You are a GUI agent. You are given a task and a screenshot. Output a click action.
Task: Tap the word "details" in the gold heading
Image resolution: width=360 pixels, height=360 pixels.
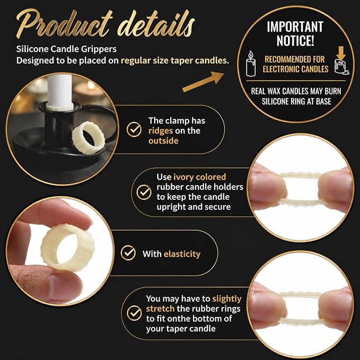click(x=156, y=24)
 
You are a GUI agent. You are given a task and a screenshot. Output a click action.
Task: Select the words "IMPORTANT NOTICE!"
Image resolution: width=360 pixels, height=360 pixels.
click(x=295, y=33)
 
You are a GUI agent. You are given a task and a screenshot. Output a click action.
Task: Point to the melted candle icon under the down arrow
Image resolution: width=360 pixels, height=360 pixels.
click(x=341, y=67)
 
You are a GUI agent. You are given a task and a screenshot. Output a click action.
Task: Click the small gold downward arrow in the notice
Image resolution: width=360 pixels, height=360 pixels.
click(x=341, y=52)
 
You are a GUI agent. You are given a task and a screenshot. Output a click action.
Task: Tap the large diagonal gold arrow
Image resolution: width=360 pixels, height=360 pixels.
click(x=203, y=82)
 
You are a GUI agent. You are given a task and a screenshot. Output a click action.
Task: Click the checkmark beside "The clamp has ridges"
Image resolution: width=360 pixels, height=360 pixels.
click(x=134, y=129)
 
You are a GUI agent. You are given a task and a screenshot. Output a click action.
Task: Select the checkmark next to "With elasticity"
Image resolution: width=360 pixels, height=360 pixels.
click(x=128, y=253)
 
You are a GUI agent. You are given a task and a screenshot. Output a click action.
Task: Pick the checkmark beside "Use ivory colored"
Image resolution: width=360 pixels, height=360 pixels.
click(x=144, y=192)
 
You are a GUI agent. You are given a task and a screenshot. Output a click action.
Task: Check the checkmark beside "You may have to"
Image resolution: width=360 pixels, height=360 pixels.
click(x=134, y=313)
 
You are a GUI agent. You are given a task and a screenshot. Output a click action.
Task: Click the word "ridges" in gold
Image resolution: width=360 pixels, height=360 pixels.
click(x=161, y=131)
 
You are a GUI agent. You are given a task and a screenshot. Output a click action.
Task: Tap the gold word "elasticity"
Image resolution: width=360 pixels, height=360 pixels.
click(x=182, y=254)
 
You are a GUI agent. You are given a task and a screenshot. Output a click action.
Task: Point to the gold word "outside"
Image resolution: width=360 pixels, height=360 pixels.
click(x=163, y=141)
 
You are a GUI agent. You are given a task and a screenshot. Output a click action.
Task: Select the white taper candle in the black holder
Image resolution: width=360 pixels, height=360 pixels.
click(x=60, y=91)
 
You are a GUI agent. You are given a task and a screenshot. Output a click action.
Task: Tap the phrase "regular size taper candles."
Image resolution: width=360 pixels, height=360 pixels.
click(x=175, y=60)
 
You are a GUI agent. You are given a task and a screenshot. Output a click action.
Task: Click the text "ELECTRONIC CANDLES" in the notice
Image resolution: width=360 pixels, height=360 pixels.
click(x=295, y=69)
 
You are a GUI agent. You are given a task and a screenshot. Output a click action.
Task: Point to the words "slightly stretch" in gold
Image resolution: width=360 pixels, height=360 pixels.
click(x=194, y=303)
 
